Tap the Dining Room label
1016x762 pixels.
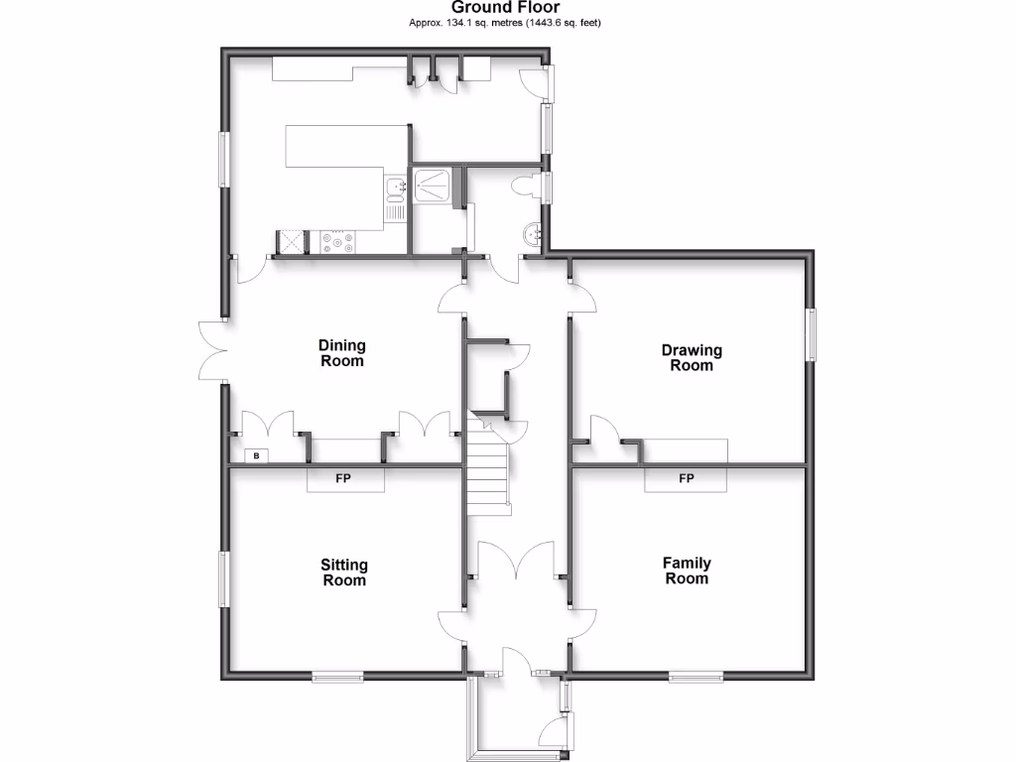pyautogui.click(x=341, y=353)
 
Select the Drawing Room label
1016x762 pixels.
pyautogui.click(x=692, y=357)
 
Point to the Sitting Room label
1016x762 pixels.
pyautogui.click(x=344, y=572)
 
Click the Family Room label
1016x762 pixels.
pyautogui.click(x=687, y=571)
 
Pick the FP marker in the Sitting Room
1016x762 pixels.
pyautogui.click(x=344, y=478)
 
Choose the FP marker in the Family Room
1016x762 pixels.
pyautogui.click(x=686, y=478)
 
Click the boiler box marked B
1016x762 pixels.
pyautogui.click(x=257, y=456)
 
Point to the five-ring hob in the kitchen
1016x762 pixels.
pyautogui.click(x=338, y=241)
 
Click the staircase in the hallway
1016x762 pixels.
pyautogui.click(x=487, y=471)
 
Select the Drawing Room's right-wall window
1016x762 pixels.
pyautogui.click(x=811, y=334)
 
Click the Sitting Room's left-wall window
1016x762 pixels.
pyautogui.click(x=223, y=578)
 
